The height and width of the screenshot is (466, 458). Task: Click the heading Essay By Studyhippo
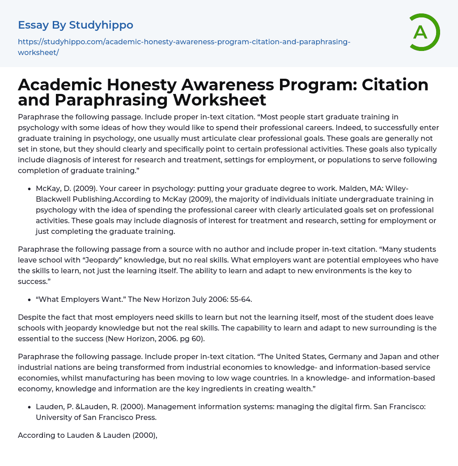76,25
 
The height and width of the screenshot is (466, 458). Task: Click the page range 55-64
241,300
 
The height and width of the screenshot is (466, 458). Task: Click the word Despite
31,318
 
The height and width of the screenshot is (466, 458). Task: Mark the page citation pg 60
193,339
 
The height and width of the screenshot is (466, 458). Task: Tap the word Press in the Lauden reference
147,418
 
